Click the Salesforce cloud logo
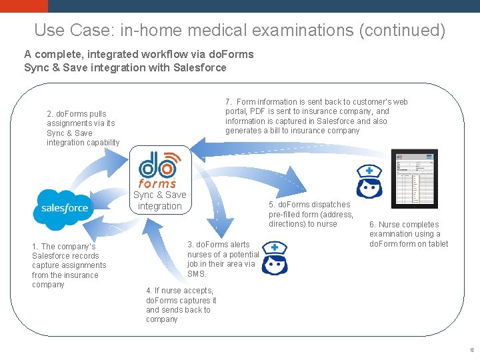65,208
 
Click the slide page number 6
471,349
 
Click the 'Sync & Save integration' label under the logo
160,200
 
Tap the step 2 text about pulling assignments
83,128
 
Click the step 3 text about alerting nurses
223,259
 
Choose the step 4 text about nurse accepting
181,305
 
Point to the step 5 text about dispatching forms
311,214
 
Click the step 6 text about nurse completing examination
408,234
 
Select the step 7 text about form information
317,116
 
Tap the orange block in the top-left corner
24,6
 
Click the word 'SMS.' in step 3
197,273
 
